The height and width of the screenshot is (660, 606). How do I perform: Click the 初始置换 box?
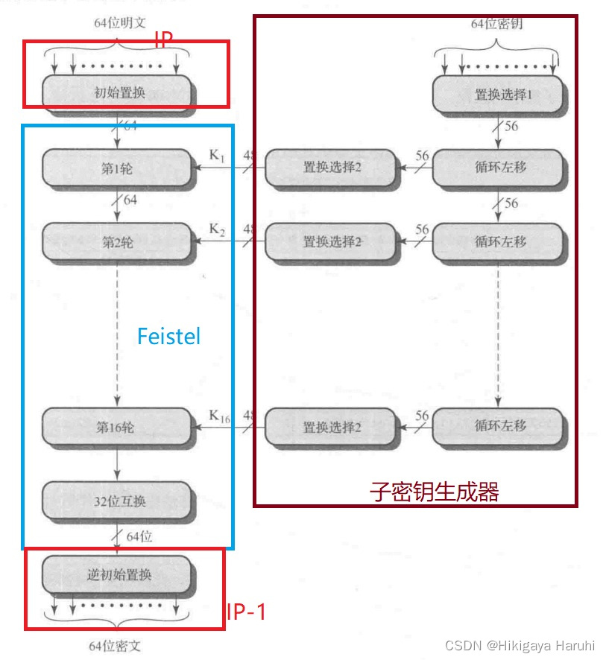point(119,93)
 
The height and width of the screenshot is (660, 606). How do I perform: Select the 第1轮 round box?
point(118,168)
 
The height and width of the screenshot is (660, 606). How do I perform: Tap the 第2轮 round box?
point(118,242)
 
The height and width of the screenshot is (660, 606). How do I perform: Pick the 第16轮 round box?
point(118,428)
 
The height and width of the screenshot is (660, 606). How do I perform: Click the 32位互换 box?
point(118,501)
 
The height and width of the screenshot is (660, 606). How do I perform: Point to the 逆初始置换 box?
point(118,575)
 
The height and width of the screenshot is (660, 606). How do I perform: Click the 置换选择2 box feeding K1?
point(332,168)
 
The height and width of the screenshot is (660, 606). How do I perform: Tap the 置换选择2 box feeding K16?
point(332,428)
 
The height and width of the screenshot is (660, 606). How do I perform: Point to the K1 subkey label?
point(216,156)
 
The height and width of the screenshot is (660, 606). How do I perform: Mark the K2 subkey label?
point(216,229)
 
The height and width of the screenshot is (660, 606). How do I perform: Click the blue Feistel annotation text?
point(169,336)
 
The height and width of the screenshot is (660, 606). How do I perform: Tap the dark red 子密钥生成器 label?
point(434,492)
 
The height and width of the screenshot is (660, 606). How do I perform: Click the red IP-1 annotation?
point(246,612)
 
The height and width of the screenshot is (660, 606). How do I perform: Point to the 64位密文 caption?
point(118,645)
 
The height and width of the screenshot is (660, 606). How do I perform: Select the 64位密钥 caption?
point(496,24)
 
